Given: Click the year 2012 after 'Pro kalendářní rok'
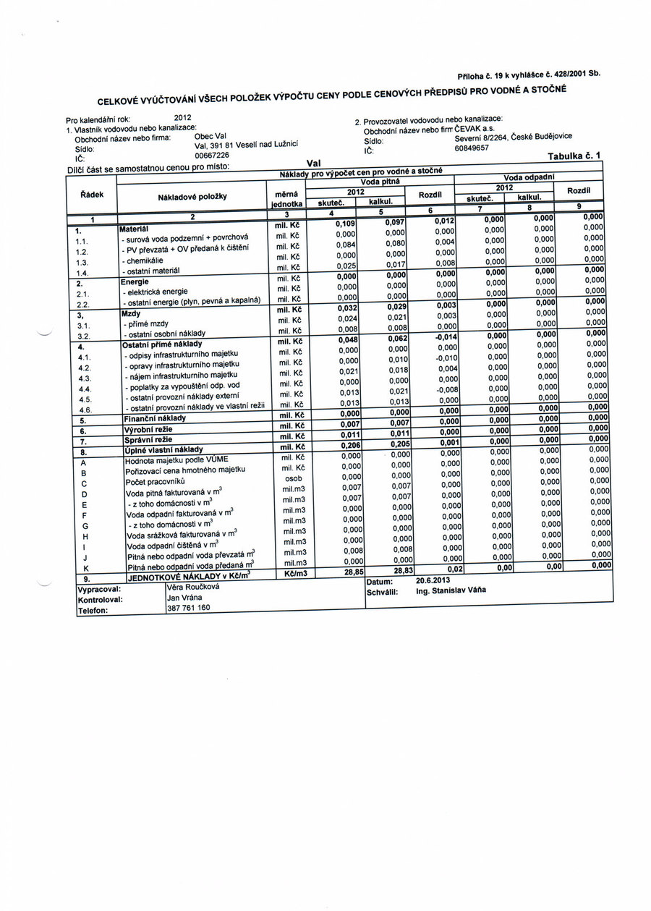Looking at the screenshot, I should tap(183, 116).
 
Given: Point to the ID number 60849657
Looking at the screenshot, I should tap(472, 148).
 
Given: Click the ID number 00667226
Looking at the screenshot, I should tap(212, 155).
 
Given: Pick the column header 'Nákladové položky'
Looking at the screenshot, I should tap(192, 196).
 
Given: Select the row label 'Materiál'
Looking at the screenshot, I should tap(135, 228).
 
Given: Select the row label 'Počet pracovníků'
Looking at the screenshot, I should tap(156, 481).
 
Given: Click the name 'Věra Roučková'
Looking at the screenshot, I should tap(192, 587).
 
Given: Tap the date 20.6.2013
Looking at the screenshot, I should tap(433, 580).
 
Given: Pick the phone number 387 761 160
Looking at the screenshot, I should tap(188, 608).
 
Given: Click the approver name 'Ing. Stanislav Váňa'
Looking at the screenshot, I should tap(451, 590).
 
